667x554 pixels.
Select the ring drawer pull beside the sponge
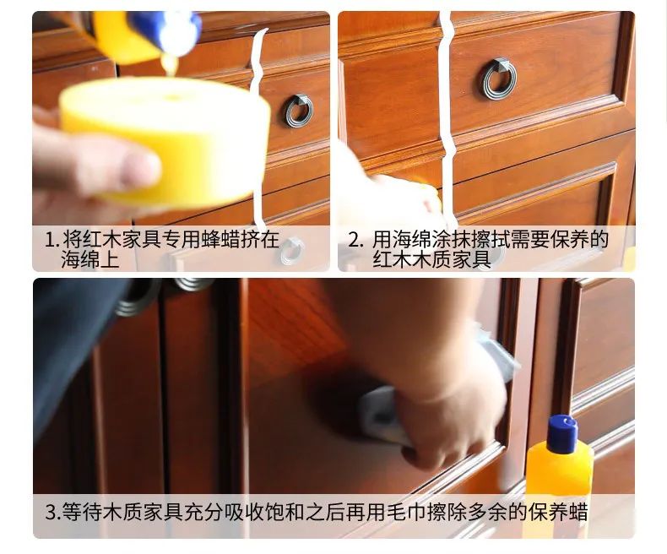pyautogui.click(x=297, y=111)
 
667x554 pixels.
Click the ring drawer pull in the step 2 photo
pyautogui.click(x=499, y=79)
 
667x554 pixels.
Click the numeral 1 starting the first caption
pyautogui.click(x=49, y=240)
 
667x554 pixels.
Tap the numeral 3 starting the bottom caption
pyautogui.click(x=49, y=512)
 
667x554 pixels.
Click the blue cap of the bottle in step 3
pyautogui.click(x=561, y=432)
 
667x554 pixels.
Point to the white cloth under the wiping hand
pyautogui.click(x=380, y=414)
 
